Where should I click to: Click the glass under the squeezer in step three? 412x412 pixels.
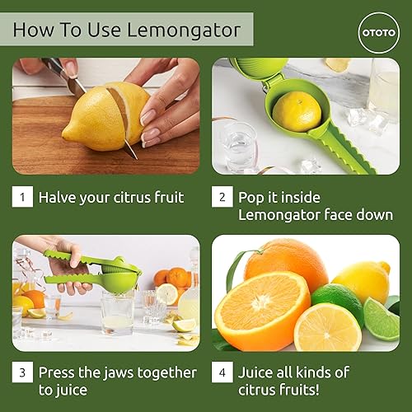coord(117,313)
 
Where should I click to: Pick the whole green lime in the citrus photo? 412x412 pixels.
coord(337,303)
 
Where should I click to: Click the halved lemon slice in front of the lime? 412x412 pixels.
coord(327,328)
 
